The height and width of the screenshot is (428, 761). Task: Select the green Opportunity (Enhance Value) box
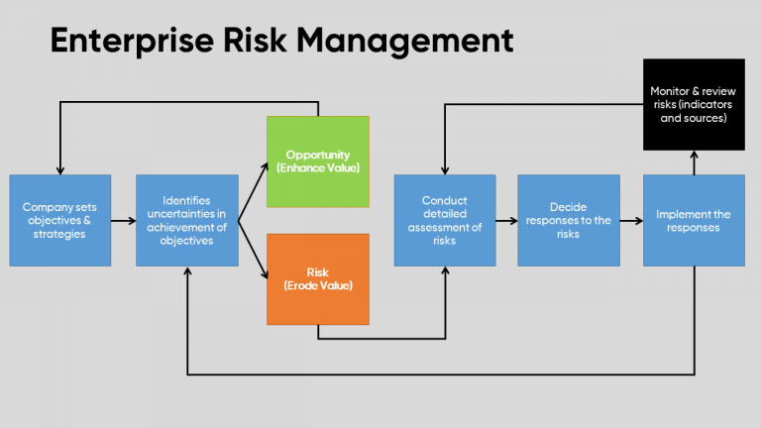(x=317, y=162)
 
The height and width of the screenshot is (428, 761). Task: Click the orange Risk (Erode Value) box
(x=317, y=279)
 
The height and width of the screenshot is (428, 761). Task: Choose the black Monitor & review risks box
(x=694, y=104)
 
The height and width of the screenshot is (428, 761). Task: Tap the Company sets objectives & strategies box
(x=60, y=220)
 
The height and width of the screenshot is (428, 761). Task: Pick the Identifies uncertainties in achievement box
(x=187, y=220)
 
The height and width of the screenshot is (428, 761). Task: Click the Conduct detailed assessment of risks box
(x=445, y=220)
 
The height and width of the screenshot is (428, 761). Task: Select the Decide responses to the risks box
(x=569, y=220)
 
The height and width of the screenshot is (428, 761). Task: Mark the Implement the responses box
(x=694, y=220)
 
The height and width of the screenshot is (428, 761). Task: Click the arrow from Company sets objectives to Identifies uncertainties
(x=123, y=220)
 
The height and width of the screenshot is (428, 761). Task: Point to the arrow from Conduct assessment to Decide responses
(x=505, y=220)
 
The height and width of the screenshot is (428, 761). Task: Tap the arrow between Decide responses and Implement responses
(x=630, y=220)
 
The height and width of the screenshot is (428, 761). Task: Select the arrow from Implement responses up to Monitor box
(x=694, y=162)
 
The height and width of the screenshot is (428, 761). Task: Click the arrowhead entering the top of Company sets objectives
(x=60, y=169)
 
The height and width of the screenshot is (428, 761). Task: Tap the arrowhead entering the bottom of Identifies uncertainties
(x=187, y=271)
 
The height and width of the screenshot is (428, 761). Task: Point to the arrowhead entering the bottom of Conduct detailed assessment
(x=445, y=271)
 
